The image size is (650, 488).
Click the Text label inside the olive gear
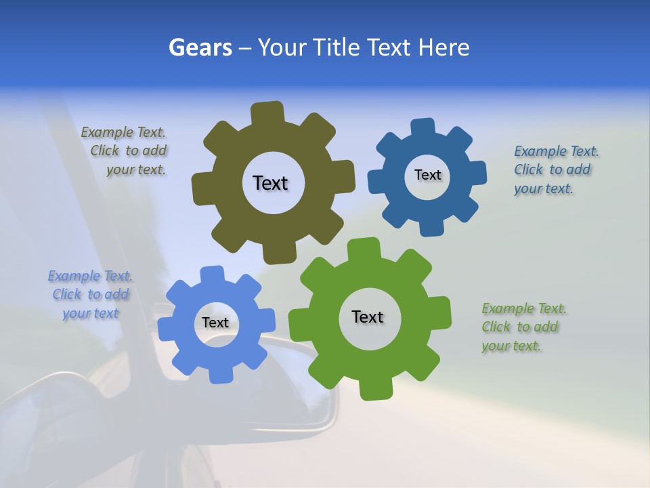click(x=270, y=183)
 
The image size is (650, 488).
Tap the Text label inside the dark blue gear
click(x=427, y=175)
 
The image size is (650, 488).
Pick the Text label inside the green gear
click(x=368, y=317)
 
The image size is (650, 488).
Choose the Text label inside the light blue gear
click(x=215, y=323)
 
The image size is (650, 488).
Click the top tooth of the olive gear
click(x=267, y=113)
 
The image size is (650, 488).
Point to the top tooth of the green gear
click(x=363, y=249)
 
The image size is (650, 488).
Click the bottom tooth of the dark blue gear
click(x=431, y=227)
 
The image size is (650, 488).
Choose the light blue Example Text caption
click(x=91, y=295)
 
